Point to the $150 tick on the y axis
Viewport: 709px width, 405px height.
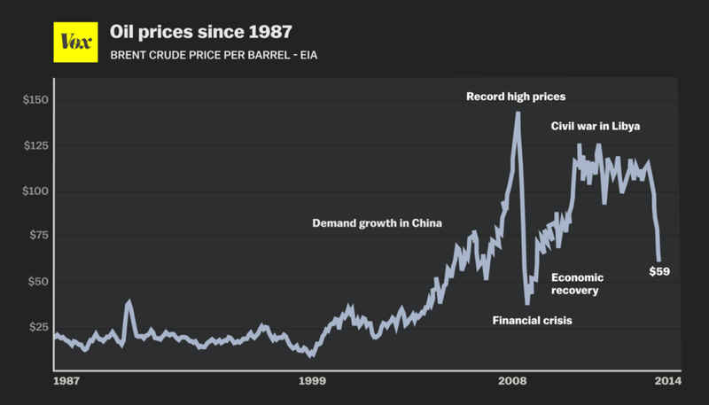tap(36, 101)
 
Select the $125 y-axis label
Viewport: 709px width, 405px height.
tap(36, 146)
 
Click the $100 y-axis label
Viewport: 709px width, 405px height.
tap(36, 191)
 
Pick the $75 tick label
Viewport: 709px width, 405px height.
tap(39, 237)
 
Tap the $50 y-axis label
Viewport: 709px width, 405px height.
tap(39, 282)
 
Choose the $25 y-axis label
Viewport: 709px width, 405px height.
tap(39, 327)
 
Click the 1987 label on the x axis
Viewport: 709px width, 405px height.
tap(66, 381)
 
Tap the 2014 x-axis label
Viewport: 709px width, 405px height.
tap(667, 381)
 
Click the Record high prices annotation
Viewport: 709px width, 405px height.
tap(516, 96)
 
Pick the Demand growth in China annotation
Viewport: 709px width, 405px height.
tap(377, 222)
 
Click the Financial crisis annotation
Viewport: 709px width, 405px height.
tap(533, 319)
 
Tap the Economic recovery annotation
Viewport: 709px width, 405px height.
tap(578, 284)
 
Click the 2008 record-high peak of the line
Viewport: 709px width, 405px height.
tap(517, 113)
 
